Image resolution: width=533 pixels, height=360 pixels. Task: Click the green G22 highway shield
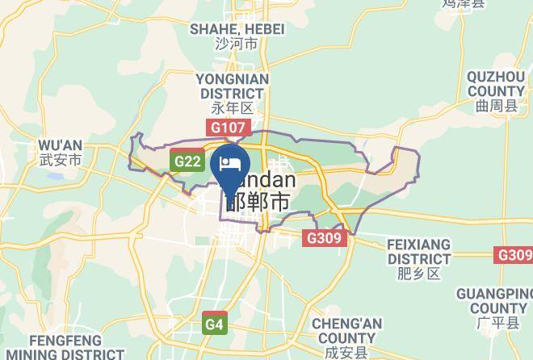coord(187,161)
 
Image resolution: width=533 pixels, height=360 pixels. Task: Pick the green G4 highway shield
coord(213,324)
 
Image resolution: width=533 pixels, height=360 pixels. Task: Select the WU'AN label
coord(60,144)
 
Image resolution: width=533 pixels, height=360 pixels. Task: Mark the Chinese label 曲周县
coord(495,105)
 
